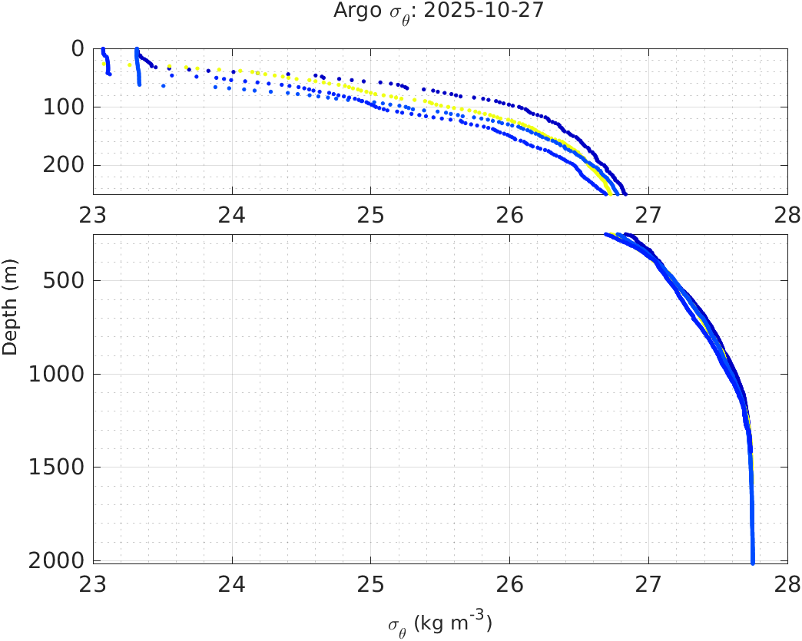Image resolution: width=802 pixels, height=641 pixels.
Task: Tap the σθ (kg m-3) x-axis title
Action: click(x=439, y=623)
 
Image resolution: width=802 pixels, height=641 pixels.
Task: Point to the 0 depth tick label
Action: click(x=77, y=48)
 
